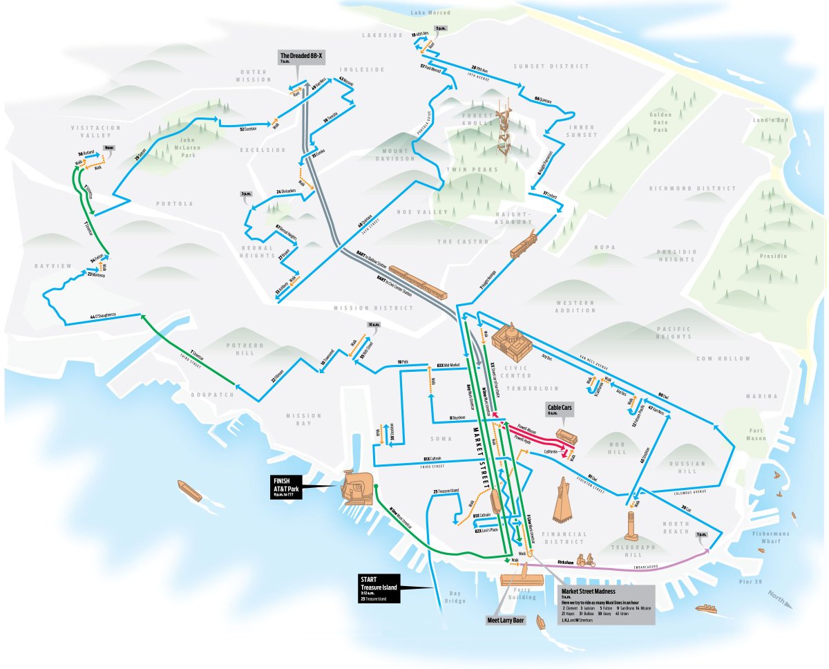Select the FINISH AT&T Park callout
click(x=289, y=487)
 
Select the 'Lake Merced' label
click(x=430, y=12)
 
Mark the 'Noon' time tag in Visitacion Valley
click(x=108, y=148)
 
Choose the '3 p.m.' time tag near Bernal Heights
click(x=246, y=195)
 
